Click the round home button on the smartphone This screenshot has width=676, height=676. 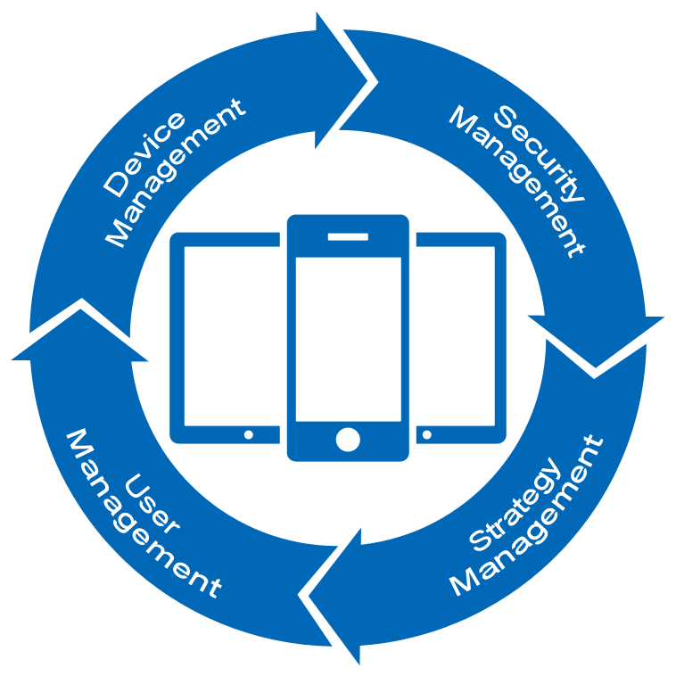[348, 439]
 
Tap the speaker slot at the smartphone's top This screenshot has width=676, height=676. [348, 237]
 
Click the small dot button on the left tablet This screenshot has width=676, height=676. [249, 434]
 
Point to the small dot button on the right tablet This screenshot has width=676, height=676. [429, 434]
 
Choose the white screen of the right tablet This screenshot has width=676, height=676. [457, 334]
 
